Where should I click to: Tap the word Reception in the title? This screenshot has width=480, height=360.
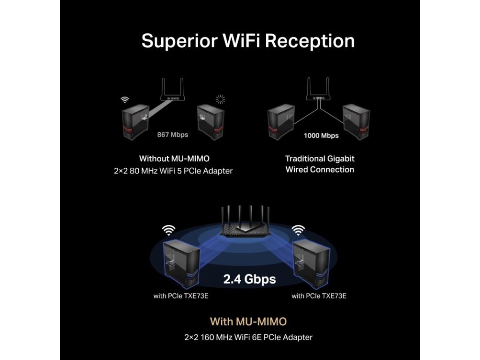310,41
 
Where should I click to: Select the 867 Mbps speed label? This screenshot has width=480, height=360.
172,135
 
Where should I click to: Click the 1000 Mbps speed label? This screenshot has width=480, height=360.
321,135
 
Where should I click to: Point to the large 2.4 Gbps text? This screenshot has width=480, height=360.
249,279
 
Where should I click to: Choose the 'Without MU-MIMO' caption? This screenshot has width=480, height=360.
174,159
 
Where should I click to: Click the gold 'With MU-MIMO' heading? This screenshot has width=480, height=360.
248,322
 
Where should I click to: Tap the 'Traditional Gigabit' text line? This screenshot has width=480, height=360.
320,159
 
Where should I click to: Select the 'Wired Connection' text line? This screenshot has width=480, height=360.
320,170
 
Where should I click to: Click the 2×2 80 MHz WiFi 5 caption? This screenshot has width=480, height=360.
173,171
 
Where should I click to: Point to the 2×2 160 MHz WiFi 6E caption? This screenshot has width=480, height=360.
248,337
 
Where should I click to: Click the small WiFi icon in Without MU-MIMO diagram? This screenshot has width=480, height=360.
125,99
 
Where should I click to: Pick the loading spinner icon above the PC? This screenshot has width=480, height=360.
220,99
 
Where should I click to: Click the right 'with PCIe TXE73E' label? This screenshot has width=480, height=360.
319,296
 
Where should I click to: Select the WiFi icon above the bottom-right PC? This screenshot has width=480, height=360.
298,230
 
